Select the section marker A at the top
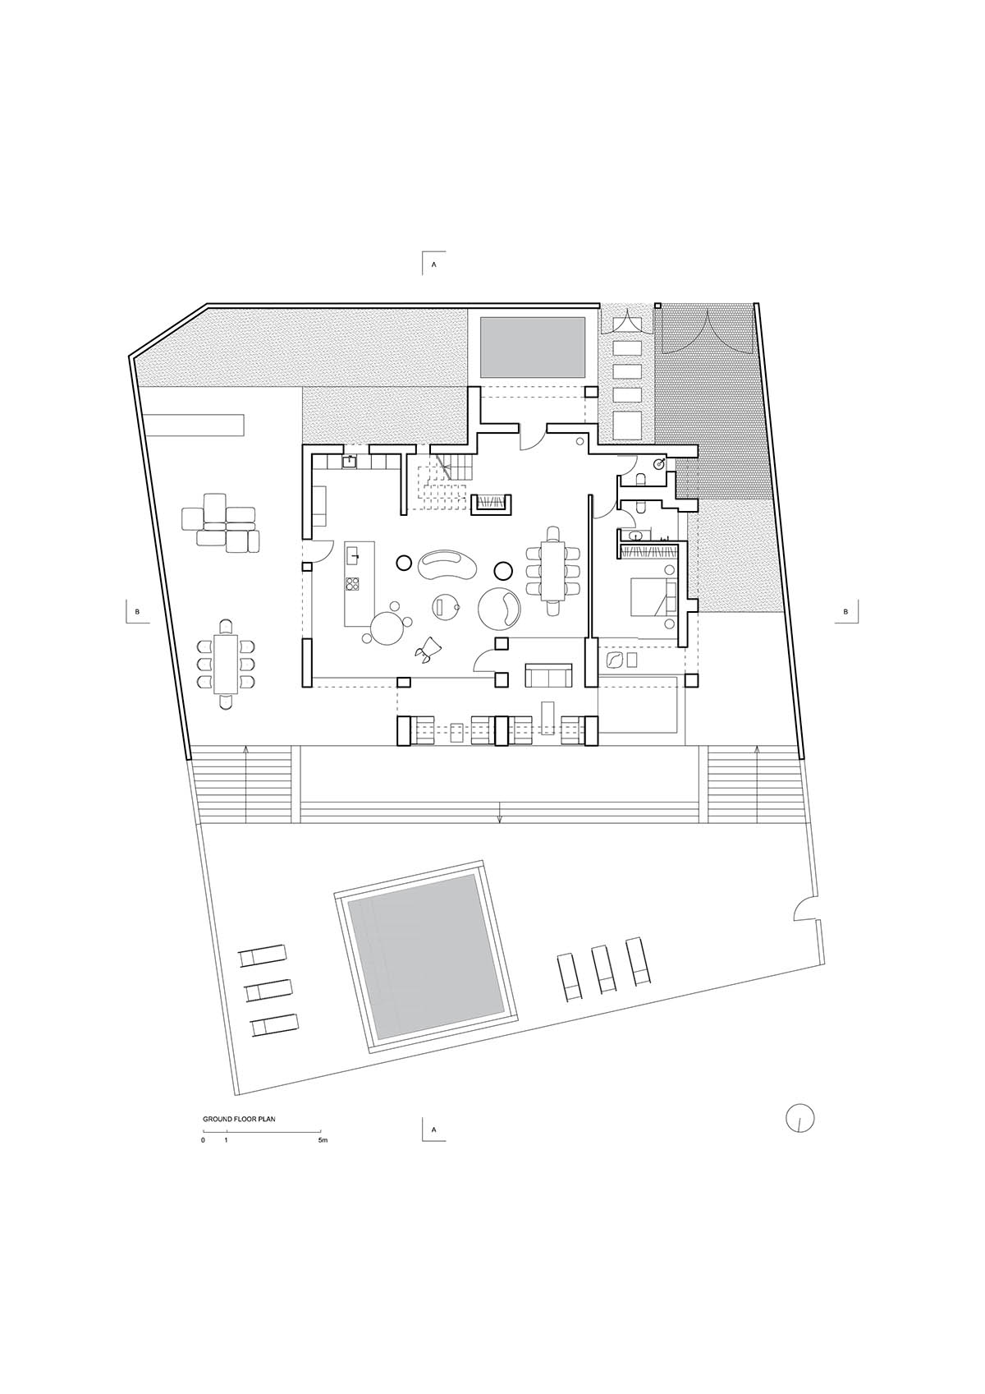click(x=433, y=263)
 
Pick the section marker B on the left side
click(x=137, y=611)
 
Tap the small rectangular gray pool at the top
click(x=533, y=347)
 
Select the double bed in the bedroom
click(x=653, y=597)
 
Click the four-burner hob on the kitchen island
click(x=353, y=584)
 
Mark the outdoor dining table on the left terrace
click(x=225, y=664)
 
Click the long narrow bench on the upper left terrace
click(x=193, y=425)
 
